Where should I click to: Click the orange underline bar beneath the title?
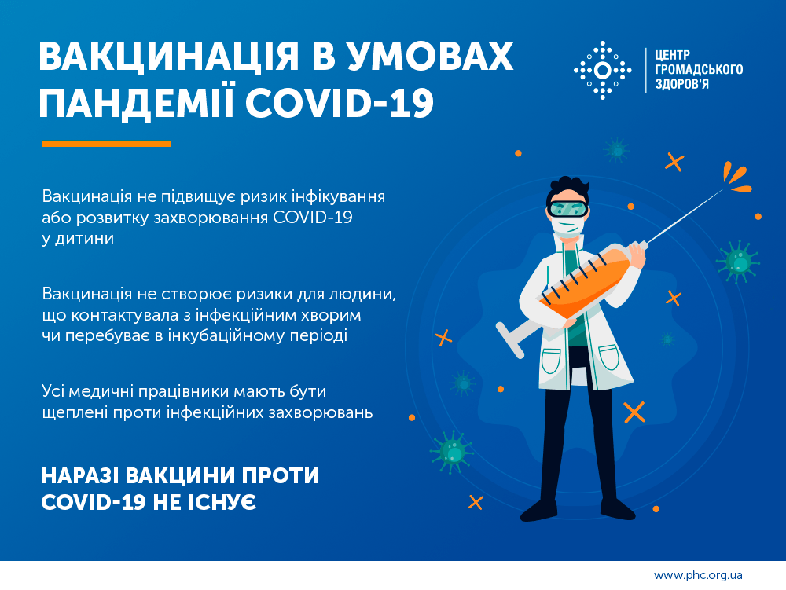(106, 144)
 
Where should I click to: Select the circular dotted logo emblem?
(602, 71)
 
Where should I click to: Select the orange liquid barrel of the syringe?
(586, 282)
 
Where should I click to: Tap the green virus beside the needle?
(738, 260)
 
